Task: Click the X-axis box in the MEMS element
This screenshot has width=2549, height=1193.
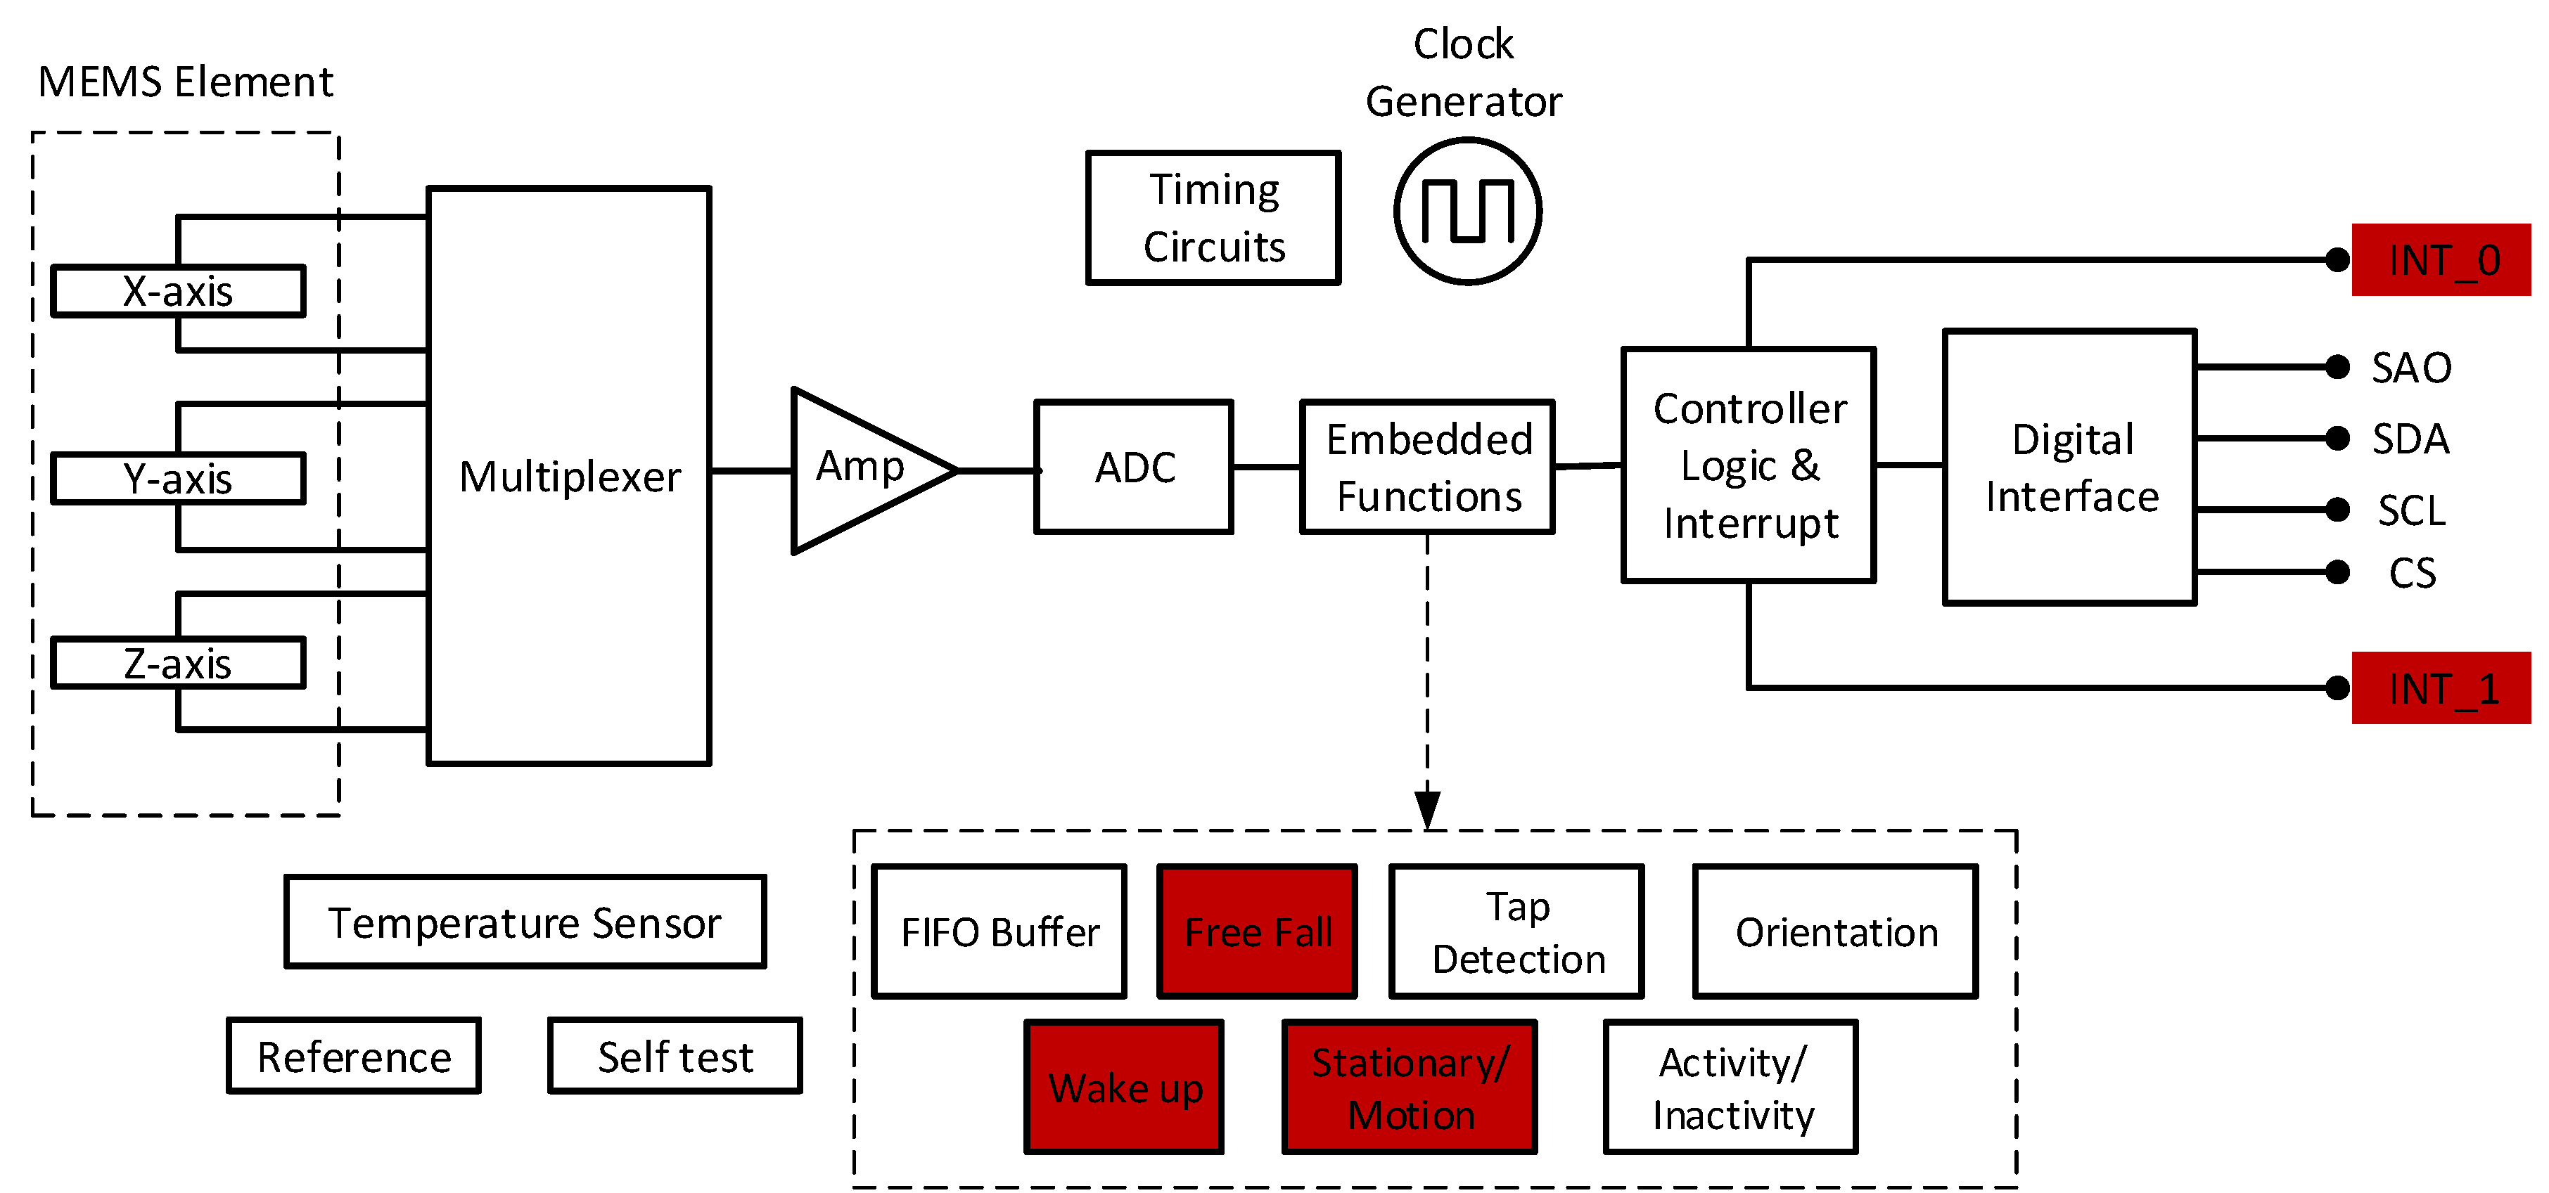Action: click(178, 292)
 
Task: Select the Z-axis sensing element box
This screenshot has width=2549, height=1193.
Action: click(178, 664)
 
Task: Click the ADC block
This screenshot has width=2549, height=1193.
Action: click(1134, 467)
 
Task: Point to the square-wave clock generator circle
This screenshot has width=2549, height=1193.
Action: click(1467, 211)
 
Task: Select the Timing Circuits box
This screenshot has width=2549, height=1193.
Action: click(1213, 218)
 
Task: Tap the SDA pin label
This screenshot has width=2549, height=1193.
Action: click(2410, 438)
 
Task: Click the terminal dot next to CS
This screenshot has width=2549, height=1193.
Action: click(2337, 572)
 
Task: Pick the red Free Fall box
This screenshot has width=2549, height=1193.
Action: click(1257, 932)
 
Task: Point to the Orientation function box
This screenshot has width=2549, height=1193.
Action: click(1836, 932)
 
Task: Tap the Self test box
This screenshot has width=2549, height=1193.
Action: click(675, 1057)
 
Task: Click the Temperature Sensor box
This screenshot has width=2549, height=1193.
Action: click(525, 922)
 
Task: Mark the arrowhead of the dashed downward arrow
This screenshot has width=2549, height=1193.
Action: click(1427, 808)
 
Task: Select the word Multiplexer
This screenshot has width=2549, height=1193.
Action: click(570, 477)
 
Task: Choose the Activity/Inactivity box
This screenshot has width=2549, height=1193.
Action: click(1731, 1087)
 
